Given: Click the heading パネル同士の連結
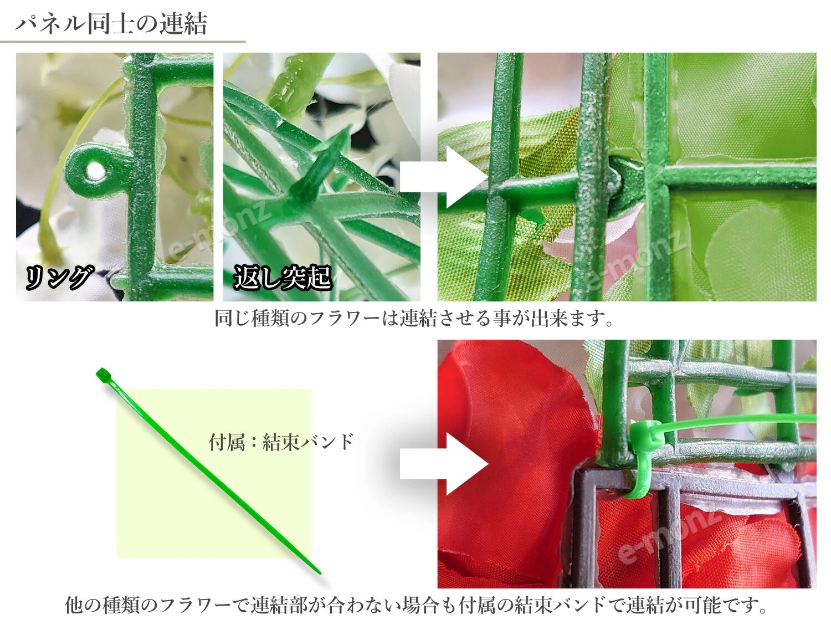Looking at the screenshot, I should click(x=111, y=24).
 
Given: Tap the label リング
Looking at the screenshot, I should click(x=58, y=277).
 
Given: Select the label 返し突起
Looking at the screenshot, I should click(x=283, y=277).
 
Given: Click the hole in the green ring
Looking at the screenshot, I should click(x=95, y=171).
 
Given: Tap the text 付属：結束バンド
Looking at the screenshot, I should click(x=281, y=442).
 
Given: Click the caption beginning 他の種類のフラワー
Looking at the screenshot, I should click(x=416, y=605).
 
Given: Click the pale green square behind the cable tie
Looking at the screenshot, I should click(x=166, y=499).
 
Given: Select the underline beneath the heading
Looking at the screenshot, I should click(x=122, y=42).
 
